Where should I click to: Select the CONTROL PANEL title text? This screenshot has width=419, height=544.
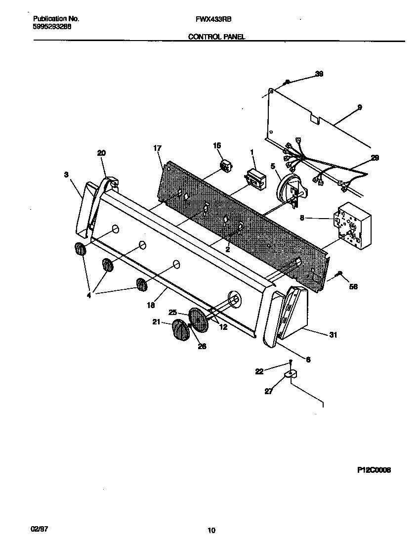(216, 37)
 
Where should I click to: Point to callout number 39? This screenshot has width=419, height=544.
(319, 74)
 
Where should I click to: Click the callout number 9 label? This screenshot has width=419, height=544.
(359, 107)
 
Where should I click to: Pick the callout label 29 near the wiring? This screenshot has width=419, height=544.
(375, 158)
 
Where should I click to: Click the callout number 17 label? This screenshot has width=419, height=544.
(158, 148)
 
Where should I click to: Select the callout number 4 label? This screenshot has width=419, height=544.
(88, 296)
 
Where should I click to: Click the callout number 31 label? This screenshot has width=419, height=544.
(333, 335)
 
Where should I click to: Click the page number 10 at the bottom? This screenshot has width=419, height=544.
(211, 531)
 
